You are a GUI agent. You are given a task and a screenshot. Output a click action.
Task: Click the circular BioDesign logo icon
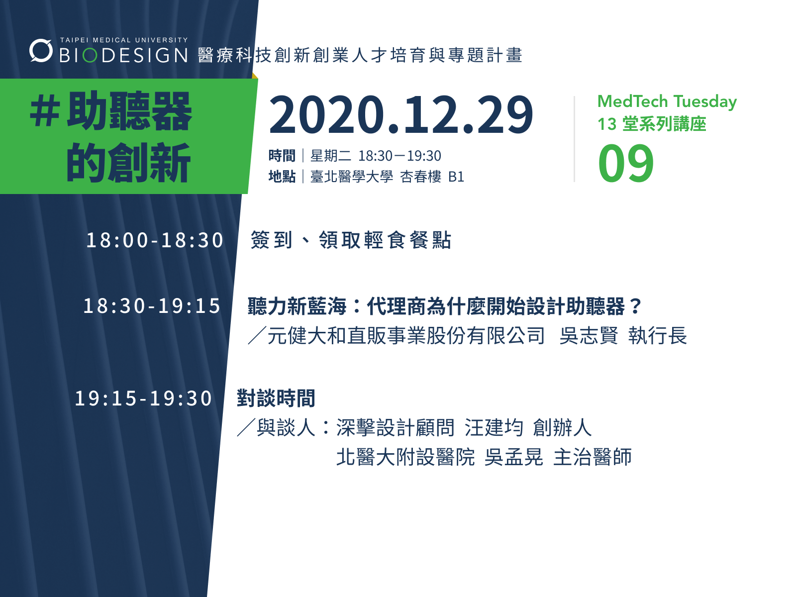click(x=41, y=50)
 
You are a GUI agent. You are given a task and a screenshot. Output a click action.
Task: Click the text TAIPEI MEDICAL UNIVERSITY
click(x=124, y=40)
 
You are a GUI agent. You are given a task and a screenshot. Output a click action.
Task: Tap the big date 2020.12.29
click(x=400, y=115)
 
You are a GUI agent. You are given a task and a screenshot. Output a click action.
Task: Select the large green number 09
click(x=626, y=164)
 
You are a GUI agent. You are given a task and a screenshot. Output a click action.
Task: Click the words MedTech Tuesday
click(x=667, y=101)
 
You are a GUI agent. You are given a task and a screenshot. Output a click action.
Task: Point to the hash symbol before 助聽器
click(x=45, y=112)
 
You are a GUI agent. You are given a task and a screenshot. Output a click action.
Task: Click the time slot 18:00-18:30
click(x=155, y=240)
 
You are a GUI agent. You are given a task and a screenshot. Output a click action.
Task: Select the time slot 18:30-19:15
click(x=152, y=306)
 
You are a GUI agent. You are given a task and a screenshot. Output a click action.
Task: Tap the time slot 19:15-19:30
click(x=143, y=398)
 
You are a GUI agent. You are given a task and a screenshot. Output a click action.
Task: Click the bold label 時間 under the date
click(x=282, y=156)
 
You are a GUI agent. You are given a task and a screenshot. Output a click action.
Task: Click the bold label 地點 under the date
click(x=282, y=177)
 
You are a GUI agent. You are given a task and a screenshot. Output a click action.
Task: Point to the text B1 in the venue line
click(x=456, y=177)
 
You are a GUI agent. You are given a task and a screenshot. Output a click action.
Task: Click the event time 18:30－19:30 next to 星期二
click(x=399, y=156)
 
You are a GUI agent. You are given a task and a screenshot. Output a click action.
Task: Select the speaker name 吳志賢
click(x=589, y=336)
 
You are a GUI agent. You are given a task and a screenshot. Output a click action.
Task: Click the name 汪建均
click(x=494, y=428)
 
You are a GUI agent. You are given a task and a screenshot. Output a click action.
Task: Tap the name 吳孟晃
click(x=513, y=457)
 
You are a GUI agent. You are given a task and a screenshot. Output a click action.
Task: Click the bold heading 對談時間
click(x=276, y=398)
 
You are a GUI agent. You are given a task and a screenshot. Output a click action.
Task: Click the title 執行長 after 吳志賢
click(x=657, y=336)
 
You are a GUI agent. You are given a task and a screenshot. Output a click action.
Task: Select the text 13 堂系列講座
click(x=651, y=124)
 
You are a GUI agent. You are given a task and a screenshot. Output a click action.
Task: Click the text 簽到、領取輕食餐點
click(x=351, y=240)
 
